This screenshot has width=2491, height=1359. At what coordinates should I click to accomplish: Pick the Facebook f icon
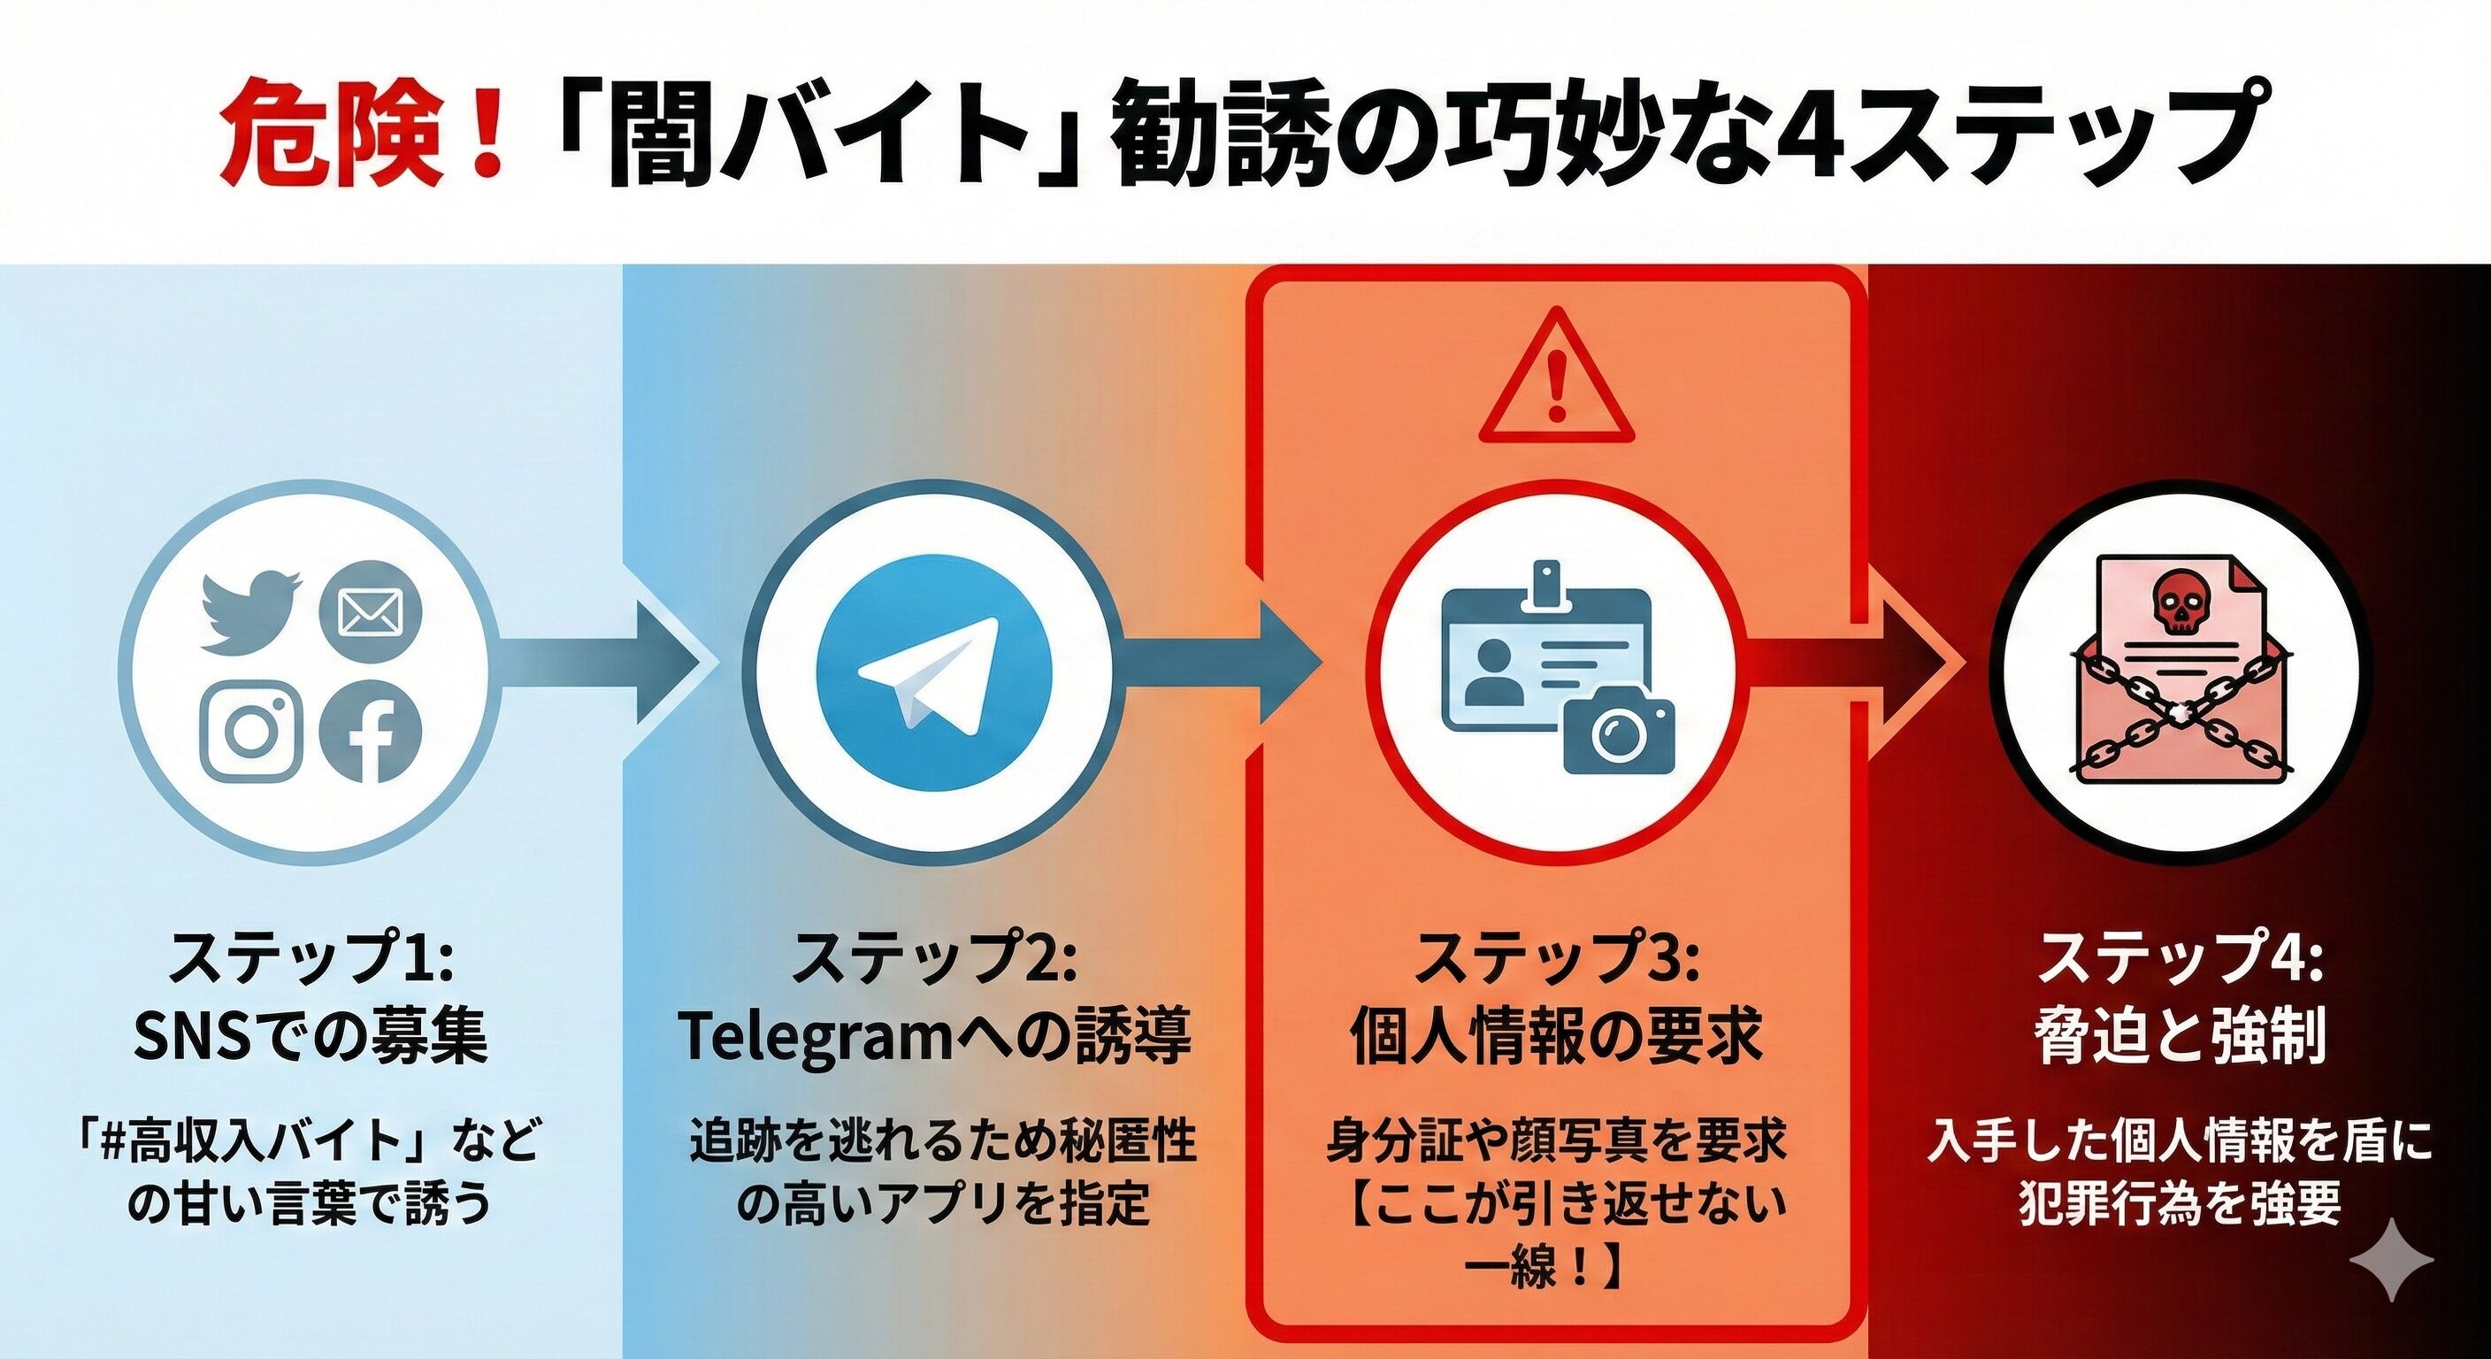click(371, 733)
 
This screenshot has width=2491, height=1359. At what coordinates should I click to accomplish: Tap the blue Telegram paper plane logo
click(932, 672)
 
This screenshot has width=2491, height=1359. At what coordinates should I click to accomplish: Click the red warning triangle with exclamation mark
click(1556, 381)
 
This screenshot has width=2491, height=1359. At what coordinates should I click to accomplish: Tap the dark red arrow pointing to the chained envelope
click(1851, 664)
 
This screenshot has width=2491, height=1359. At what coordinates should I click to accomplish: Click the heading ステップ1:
click(310, 957)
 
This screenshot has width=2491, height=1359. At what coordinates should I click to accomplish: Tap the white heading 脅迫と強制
click(2180, 1037)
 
